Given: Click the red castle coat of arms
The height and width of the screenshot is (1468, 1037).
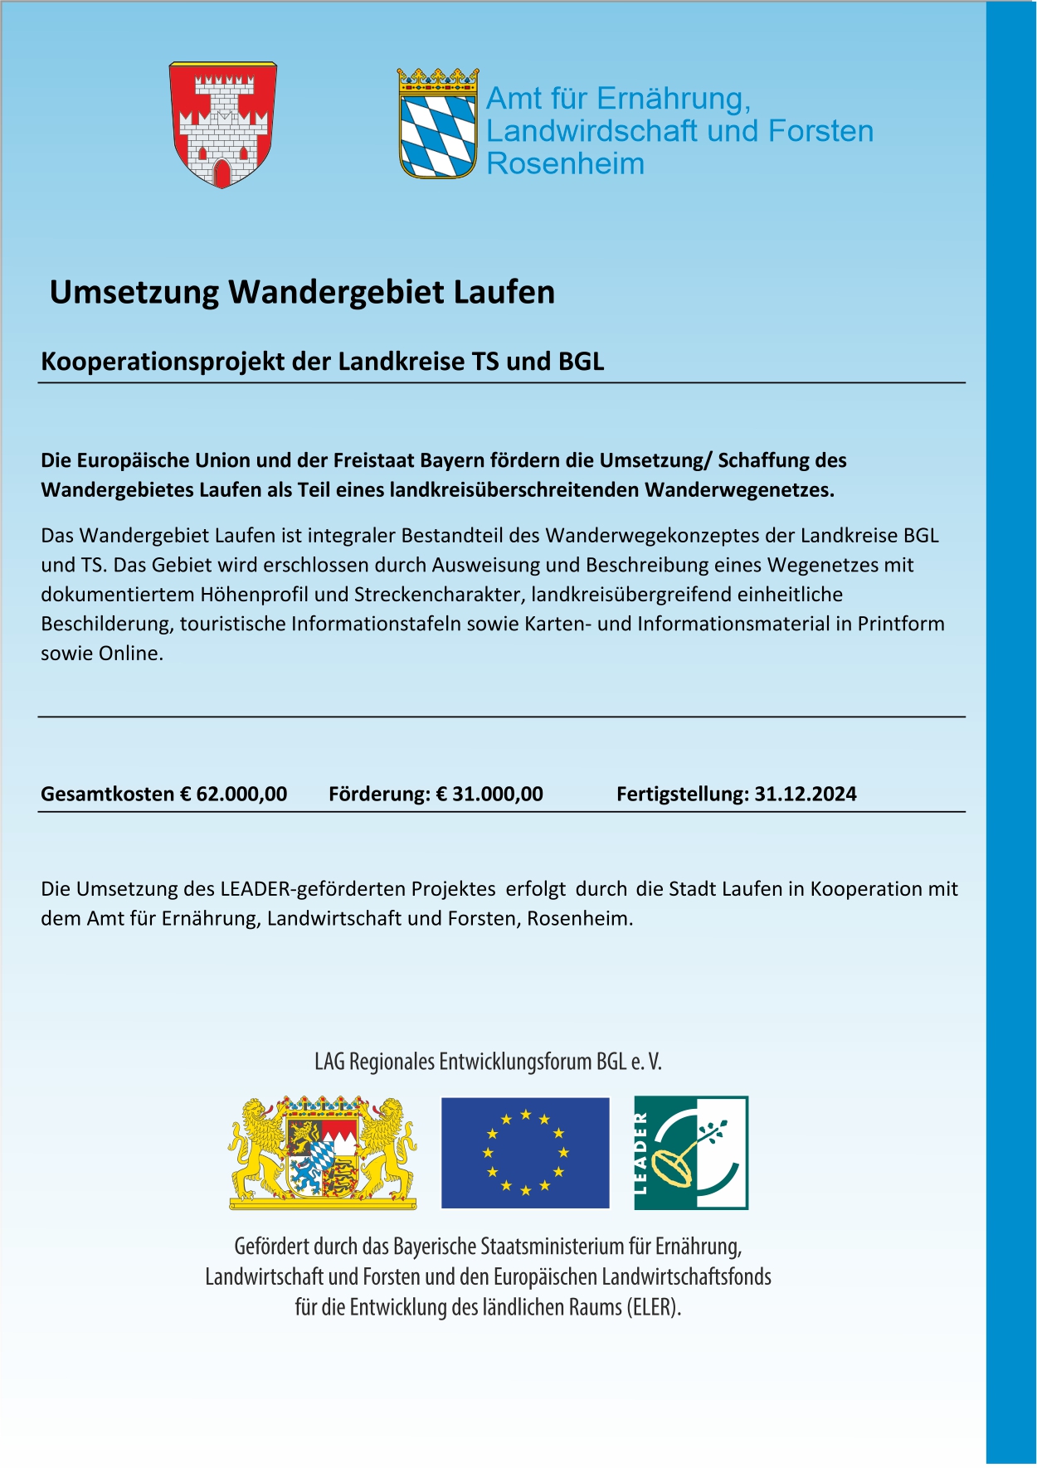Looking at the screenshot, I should click(x=222, y=124).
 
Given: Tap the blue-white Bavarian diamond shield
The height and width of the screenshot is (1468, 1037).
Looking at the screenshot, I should click(x=437, y=133).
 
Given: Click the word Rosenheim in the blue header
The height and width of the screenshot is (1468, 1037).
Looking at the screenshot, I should click(x=565, y=163).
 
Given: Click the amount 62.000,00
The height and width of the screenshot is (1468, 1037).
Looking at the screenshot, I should click(x=241, y=794).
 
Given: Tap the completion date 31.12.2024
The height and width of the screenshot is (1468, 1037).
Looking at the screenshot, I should click(x=805, y=794).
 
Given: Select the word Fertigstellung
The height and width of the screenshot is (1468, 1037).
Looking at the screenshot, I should click(x=682, y=794).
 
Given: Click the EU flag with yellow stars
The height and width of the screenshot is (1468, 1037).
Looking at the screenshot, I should click(x=525, y=1152).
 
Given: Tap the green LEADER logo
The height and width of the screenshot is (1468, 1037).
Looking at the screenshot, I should click(x=691, y=1152).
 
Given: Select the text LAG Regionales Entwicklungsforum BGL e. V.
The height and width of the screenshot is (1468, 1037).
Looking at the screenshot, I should click(x=488, y=1062).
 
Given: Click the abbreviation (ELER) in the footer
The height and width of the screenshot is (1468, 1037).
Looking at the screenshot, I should click(x=654, y=1307).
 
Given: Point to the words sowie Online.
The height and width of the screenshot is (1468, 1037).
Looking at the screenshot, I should click(x=102, y=654).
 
